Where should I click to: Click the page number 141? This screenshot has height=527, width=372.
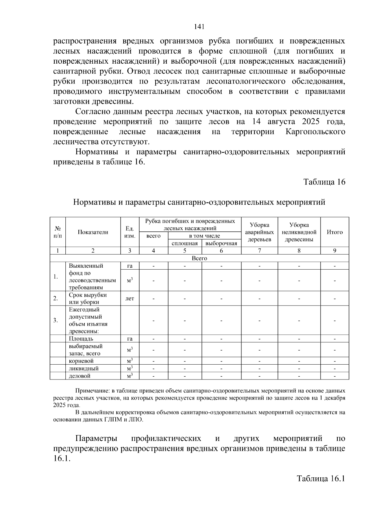pyautogui.click(x=199, y=27)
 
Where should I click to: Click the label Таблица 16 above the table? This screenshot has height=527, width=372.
pyautogui.click(x=324, y=182)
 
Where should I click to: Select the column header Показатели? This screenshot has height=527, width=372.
pyautogui.click(x=93, y=232)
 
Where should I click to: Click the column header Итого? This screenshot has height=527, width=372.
pyautogui.click(x=334, y=232)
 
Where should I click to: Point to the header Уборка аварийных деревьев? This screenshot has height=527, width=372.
pyautogui.click(x=259, y=232)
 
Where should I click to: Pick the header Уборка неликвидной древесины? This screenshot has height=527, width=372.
pyautogui.click(x=299, y=232)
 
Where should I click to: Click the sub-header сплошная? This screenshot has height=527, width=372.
pyautogui.click(x=184, y=243)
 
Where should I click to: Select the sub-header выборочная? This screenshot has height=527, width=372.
pyautogui.click(x=221, y=243)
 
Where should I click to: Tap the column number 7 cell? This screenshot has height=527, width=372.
pyautogui.click(x=259, y=251)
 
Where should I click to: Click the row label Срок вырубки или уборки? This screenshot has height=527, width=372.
pyautogui.click(x=88, y=298)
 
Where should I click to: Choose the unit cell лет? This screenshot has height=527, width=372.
pyautogui.click(x=130, y=298)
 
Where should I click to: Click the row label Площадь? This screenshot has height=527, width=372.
pyautogui.click(x=81, y=339)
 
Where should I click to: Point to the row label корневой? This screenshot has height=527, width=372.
pyautogui.click(x=81, y=361)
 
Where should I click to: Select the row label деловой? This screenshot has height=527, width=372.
pyautogui.click(x=80, y=376)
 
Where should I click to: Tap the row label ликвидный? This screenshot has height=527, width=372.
pyautogui.click(x=84, y=368)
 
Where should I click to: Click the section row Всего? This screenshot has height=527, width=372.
pyautogui.click(x=199, y=258)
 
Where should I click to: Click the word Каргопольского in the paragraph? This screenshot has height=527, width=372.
pyautogui.click(x=315, y=132)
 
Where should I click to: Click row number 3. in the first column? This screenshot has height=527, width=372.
pyautogui.click(x=55, y=320)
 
